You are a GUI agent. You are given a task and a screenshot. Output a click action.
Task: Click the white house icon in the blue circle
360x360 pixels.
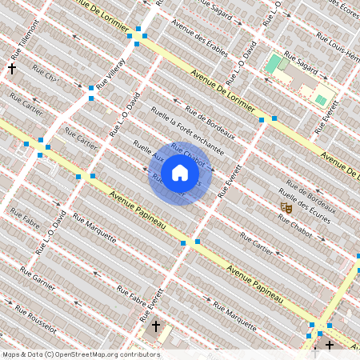(x=180, y=173)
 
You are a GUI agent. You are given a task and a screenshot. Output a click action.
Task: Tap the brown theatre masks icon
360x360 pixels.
(x=286, y=207)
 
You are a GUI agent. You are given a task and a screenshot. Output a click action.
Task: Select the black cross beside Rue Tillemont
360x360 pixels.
(x=12, y=69)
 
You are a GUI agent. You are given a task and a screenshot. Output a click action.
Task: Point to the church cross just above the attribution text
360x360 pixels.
(x=156, y=326)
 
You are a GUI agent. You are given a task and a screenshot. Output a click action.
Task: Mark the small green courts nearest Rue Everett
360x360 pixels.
(x=321, y=99)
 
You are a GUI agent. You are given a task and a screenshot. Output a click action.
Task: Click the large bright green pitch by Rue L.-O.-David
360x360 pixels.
(x=274, y=63)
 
